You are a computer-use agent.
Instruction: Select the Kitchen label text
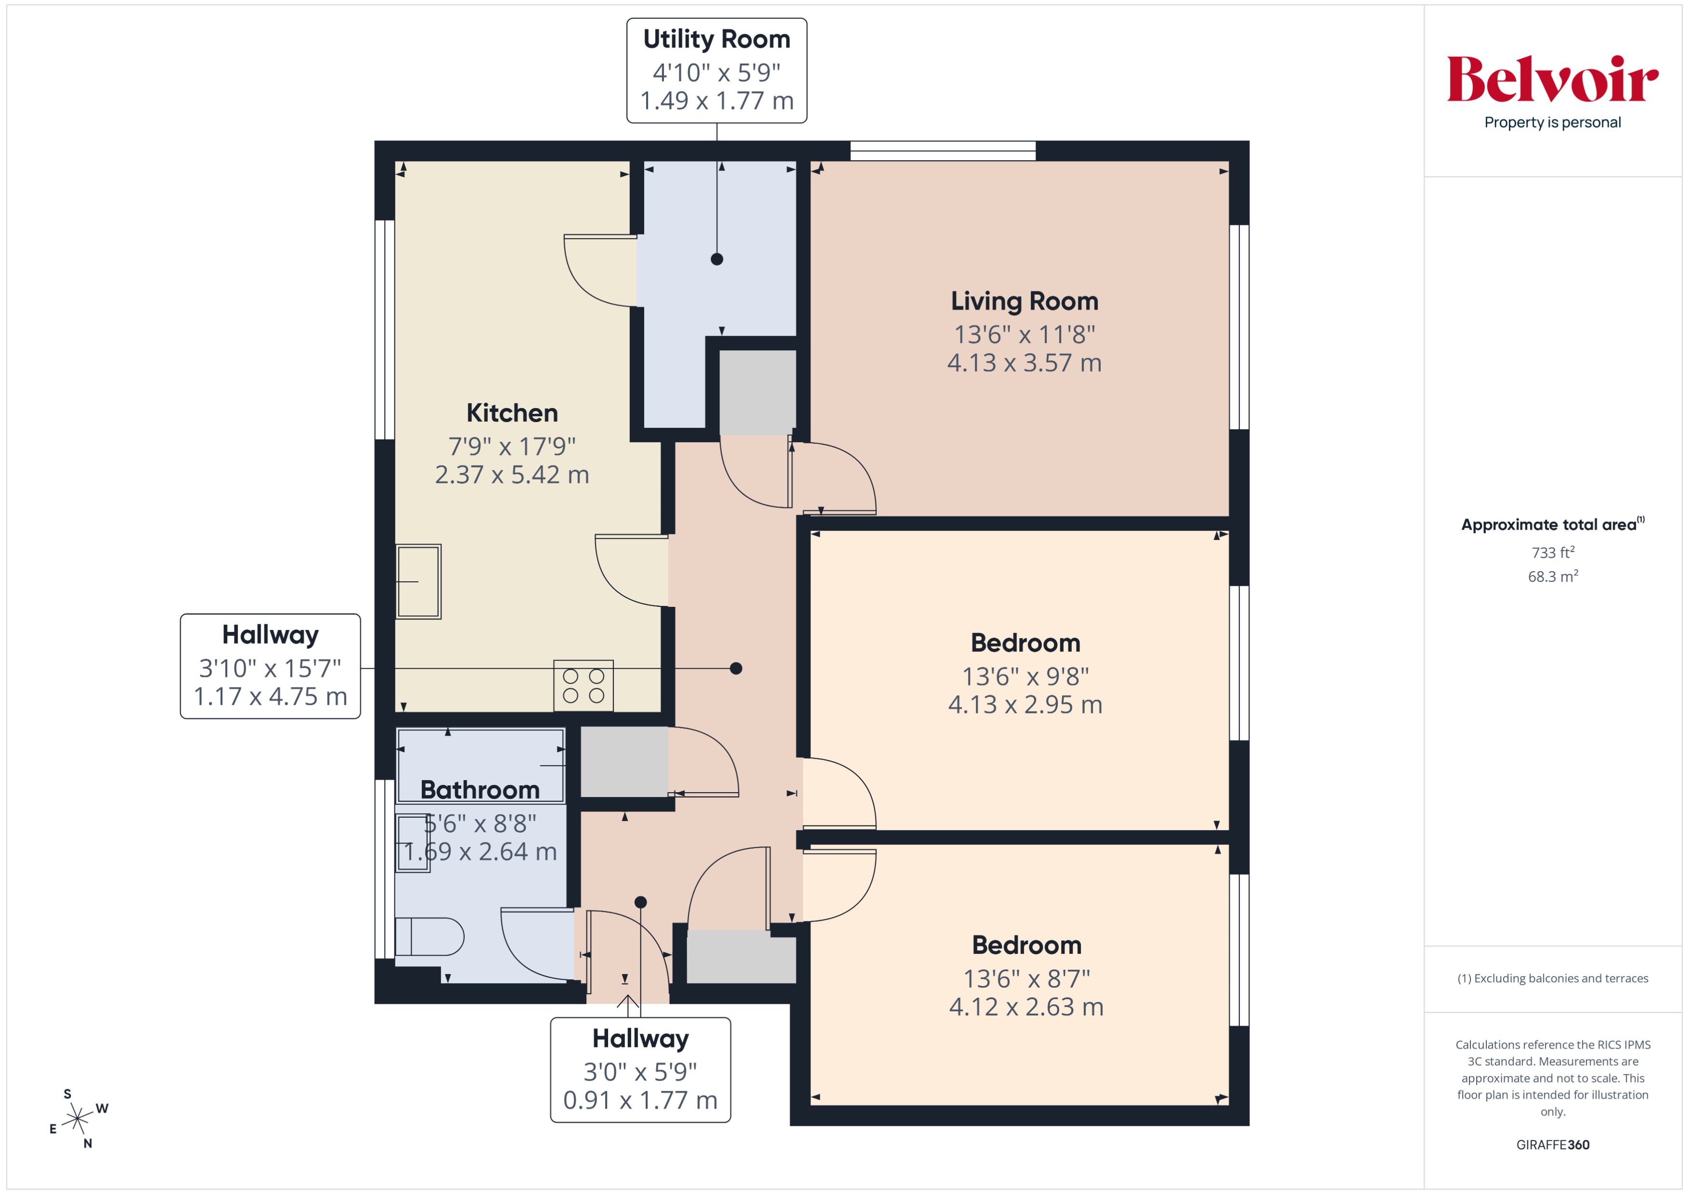(x=512, y=412)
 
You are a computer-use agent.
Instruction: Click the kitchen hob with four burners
(x=583, y=685)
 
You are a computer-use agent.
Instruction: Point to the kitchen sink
(x=418, y=581)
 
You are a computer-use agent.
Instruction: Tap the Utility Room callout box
(x=717, y=70)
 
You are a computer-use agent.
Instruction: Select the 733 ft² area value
(x=1552, y=552)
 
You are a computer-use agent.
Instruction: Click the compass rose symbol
(x=77, y=1118)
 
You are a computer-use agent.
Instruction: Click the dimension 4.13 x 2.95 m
(x=1024, y=704)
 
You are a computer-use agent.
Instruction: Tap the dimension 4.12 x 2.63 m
(x=1025, y=1006)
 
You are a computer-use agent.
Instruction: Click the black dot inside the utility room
(x=717, y=259)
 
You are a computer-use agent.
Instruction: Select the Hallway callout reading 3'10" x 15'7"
(x=270, y=666)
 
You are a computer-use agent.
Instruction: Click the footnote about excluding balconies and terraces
(x=1552, y=978)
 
